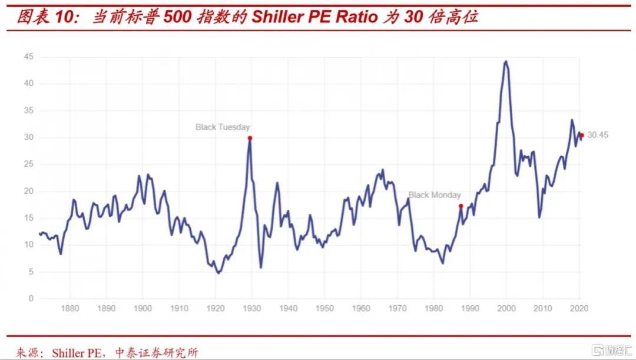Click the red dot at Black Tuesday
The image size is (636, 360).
point(250,138)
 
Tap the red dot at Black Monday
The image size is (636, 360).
point(461,206)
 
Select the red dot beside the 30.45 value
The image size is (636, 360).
point(582,135)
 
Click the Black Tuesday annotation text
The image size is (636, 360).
point(223,127)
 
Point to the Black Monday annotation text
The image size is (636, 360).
point(435,194)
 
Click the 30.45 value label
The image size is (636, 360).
point(598,135)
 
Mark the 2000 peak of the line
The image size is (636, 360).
point(506,61)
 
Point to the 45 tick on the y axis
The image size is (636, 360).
point(28,57)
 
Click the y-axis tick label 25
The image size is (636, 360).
point(28,164)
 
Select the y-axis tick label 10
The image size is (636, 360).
point(28,245)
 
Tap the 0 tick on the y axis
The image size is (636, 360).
point(31,299)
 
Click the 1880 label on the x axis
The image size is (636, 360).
point(69,309)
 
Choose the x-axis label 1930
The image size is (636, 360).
point(251,309)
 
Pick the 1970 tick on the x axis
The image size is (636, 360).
point(397,309)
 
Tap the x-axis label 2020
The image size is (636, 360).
point(579,309)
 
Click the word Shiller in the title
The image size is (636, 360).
point(276,16)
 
